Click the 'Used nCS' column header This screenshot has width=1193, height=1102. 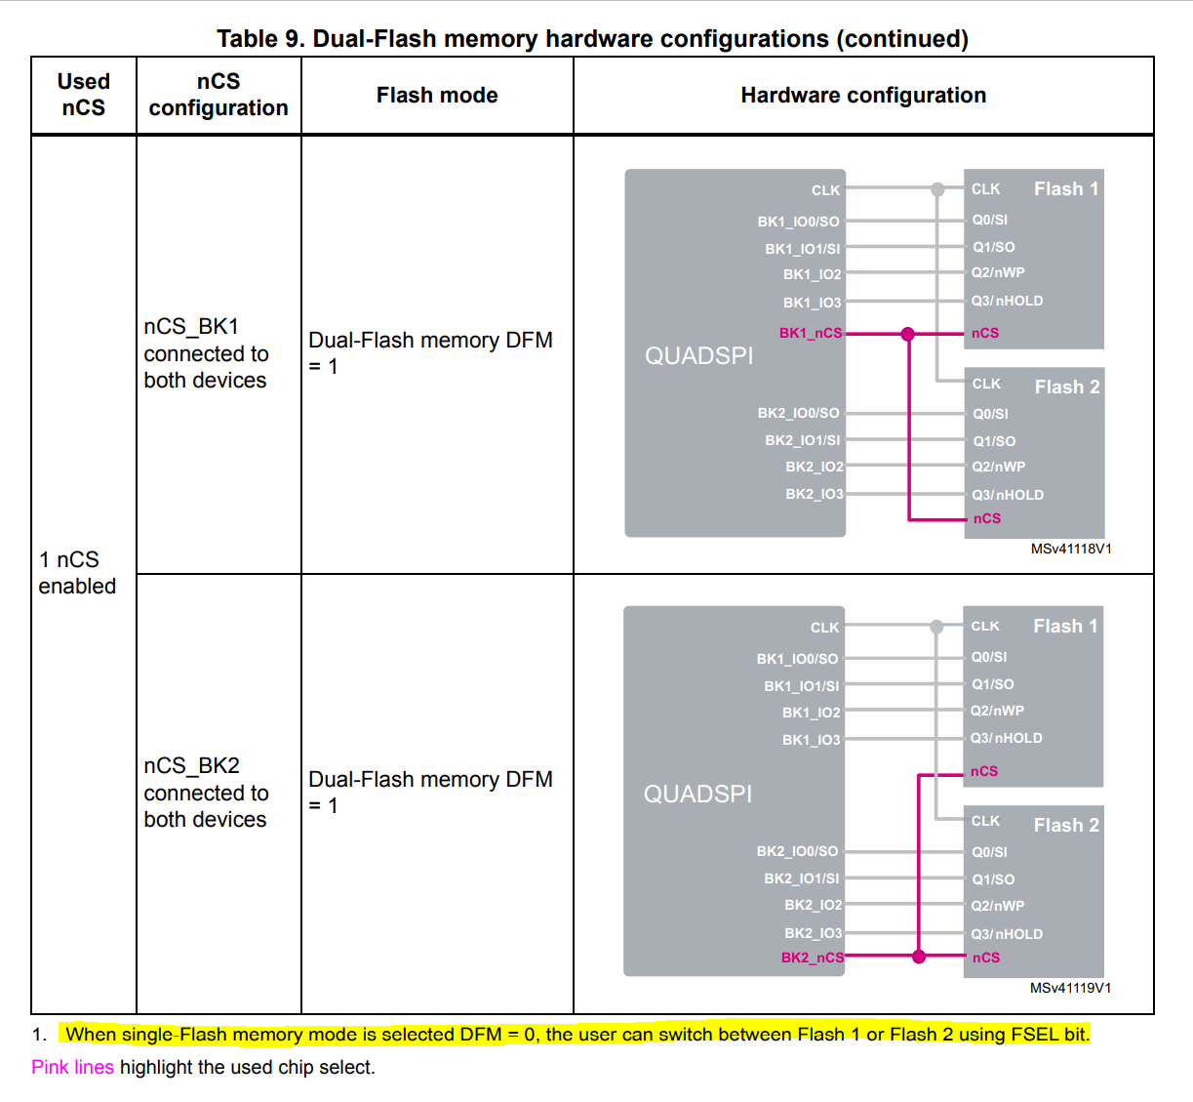(x=84, y=95)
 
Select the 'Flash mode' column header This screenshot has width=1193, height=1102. (x=437, y=96)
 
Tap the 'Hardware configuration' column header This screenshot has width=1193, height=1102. (x=863, y=96)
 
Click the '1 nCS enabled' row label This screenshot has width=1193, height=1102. (x=77, y=573)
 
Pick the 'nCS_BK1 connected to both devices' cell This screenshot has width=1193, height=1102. (x=206, y=353)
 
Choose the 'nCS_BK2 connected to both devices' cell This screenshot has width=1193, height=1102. (x=206, y=793)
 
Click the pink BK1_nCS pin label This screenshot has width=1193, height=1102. (x=810, y=333)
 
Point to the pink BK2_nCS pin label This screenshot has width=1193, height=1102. (x=812, y=958)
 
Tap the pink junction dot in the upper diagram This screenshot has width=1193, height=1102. (x=908, y=334)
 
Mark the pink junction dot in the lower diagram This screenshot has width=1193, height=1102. (x=919, y=957)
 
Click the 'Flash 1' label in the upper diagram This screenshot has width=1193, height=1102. (x=1066, y=188)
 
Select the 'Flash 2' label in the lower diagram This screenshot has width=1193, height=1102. (x=1066, y=825)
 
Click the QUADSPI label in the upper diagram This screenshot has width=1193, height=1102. (x=698, y=356)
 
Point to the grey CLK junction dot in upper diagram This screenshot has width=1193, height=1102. (x=937, y=189)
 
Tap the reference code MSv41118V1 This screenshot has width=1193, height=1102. (x=1070, y=549)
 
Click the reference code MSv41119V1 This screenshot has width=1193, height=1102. (x=1070, y=988)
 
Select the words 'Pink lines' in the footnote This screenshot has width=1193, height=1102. (x=72, y=1067)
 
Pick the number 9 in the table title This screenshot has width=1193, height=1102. (x=294, y=39)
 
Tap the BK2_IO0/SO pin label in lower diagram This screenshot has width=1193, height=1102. (x=797, y=851)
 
